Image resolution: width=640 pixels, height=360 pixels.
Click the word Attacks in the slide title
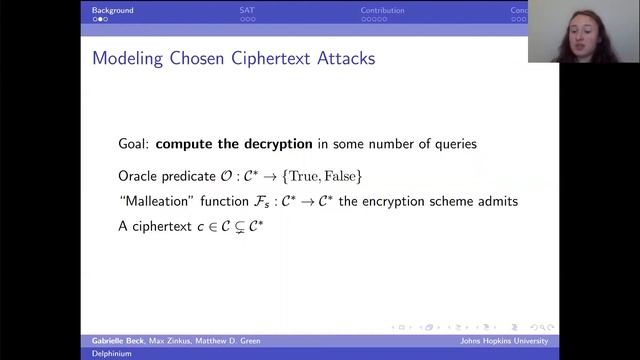coord(341,59)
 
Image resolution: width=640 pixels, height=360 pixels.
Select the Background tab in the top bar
coord(113,10)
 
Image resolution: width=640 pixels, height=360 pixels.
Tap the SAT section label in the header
coord(246,10)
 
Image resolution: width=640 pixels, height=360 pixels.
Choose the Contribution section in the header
coord(383,10)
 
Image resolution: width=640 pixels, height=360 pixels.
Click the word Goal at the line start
coord(133,144)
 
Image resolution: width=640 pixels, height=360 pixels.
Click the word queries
coord(452,144)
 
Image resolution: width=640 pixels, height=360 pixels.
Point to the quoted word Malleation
coord(155,202)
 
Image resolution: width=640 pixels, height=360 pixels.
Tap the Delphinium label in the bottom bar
coord(111,353)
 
